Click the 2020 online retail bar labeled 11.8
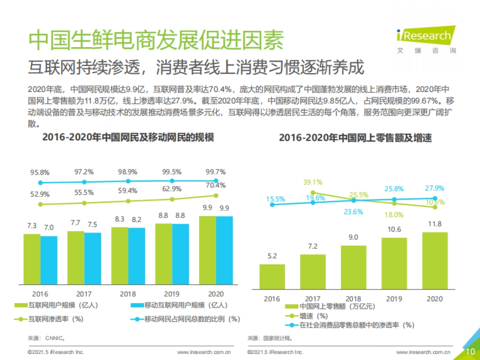click(435, 260)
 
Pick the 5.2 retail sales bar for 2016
click(272, 276)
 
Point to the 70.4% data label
click(216, 185)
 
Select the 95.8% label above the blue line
click(40, 173)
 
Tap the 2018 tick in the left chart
click(128, 294)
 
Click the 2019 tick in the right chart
click(394, 299)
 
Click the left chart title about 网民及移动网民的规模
click(128, 138)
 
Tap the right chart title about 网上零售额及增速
click(355, 138)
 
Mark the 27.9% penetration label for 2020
click(434, 188)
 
